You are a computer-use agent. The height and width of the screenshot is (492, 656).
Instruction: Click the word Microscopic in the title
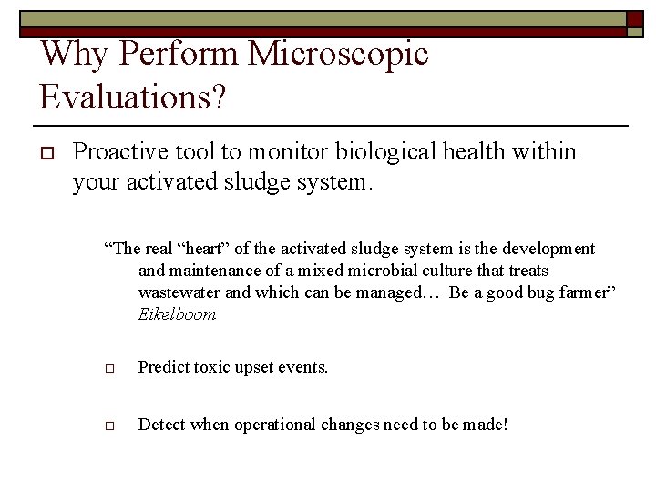pos(338,55)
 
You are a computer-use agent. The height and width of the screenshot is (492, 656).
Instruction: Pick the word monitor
pos(297,152)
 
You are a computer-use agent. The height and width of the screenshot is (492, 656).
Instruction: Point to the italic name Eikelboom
pos(177,314)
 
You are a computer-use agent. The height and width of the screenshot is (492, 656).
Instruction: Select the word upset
pos(258,368)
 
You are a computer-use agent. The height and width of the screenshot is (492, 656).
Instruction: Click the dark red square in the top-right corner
pos(636,19)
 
